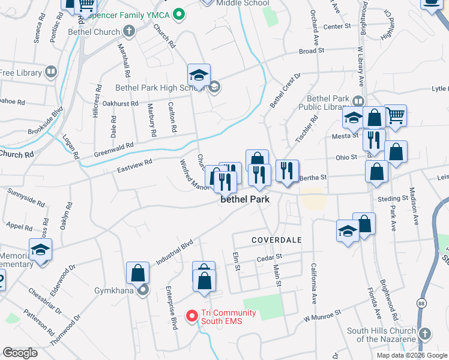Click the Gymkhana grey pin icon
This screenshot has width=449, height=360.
(143, 290)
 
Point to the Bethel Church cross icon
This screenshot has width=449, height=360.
(128, 31)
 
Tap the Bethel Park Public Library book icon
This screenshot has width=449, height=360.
(358, 101)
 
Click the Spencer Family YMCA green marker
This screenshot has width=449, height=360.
(178, 14)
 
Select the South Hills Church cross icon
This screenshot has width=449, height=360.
(424, 333)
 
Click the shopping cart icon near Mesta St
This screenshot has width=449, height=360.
(395, 115)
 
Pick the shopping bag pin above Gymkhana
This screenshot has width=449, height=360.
(138, 273)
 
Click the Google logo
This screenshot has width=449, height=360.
(20, 353)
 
